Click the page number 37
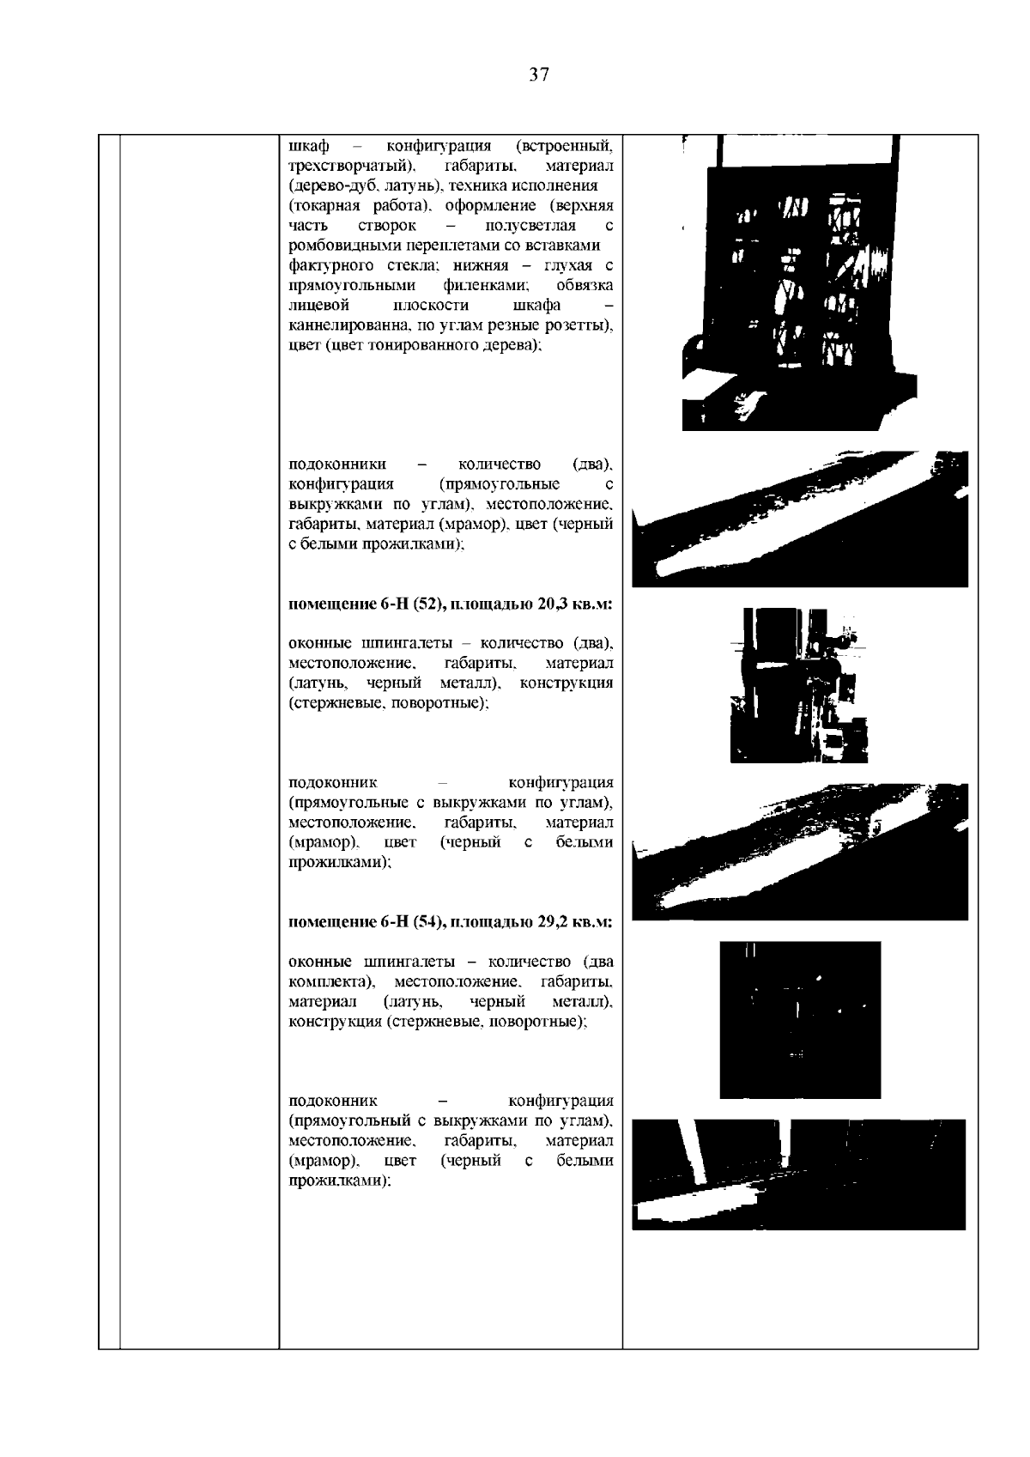click(x=538, y=75)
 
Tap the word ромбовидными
click(x=336, y=246)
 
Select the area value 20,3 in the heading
click(x=554, y=604)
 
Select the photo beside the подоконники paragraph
click(x=800, y=519)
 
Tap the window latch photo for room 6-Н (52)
click(x=798, y=685)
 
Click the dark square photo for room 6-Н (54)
click(x=800, y=1019)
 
